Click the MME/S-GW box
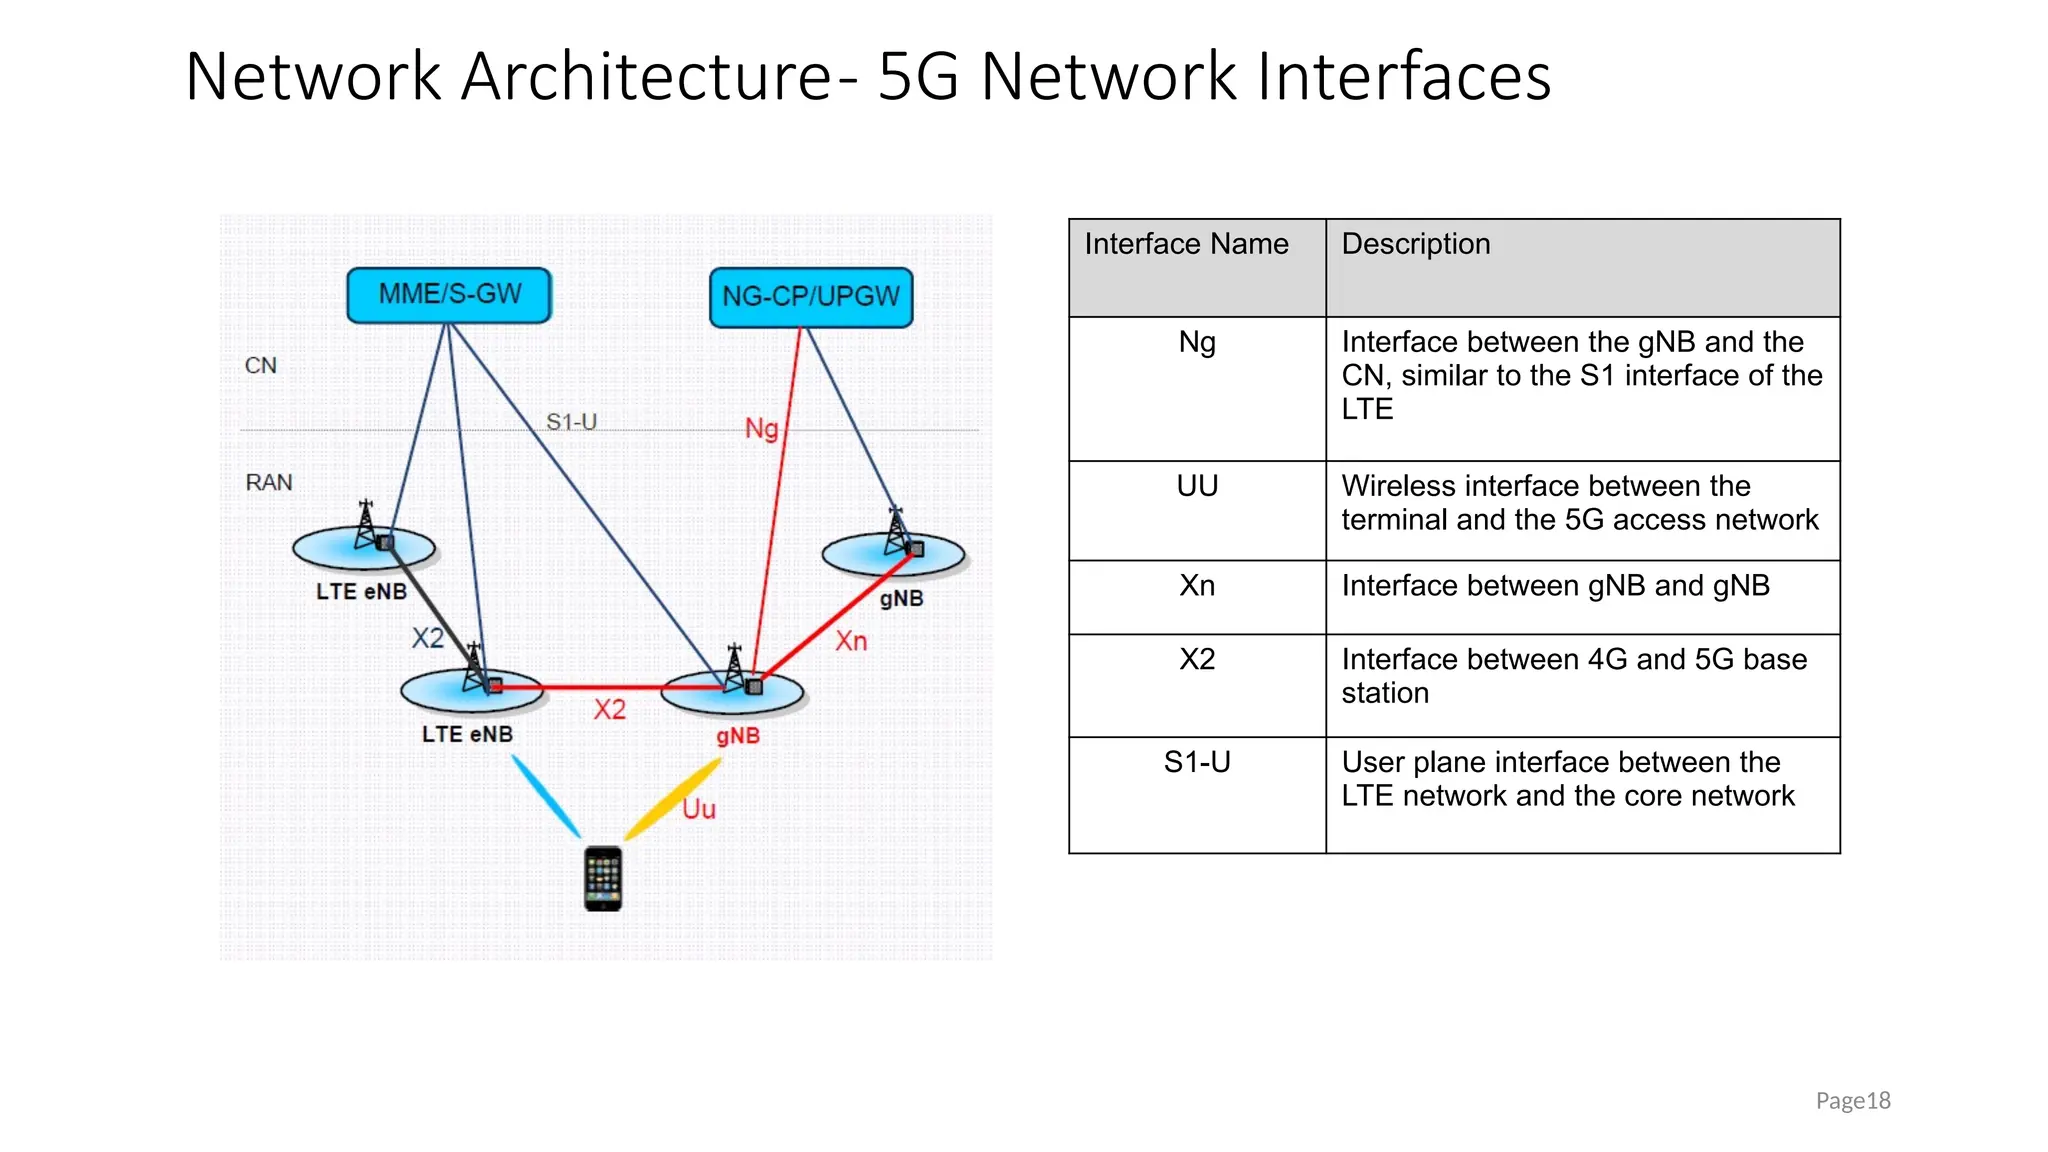coord(449,295)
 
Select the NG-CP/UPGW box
coord(811,297)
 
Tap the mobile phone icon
coord(603,879)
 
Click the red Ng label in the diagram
coord(762,428)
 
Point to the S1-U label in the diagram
coord(571,422)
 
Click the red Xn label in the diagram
coord(851,641)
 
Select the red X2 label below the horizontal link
coord(609,710)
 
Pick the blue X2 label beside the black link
coord(428,638)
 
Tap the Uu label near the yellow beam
coord(699,809)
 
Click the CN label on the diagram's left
coord(261,366)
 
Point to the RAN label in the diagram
coord(269,483)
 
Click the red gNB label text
coord(738,736)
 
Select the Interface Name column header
coord(1186,244)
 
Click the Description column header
coord(1415,244)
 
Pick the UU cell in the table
coord(1197,487)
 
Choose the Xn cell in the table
coord(1197,586)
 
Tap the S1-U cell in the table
coord(1197,763)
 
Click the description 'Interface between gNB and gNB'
coord(1555,586)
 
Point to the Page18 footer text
coord(1852,1101)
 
